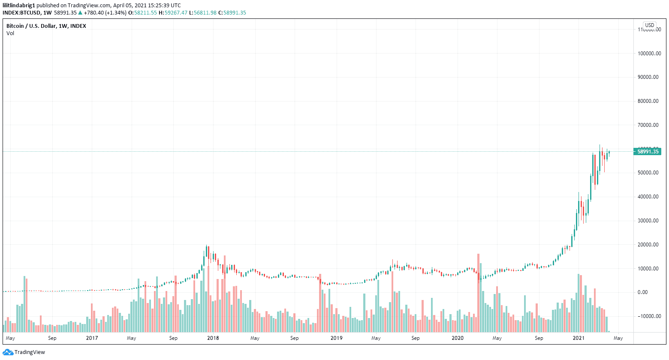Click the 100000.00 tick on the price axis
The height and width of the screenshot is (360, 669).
coord(649,54)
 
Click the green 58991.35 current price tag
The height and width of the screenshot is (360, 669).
coord(648,151)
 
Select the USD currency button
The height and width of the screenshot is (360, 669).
coord(650,25)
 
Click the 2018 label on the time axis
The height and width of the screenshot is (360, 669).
coord(213,338)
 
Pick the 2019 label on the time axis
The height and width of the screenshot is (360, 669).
coord(336,338)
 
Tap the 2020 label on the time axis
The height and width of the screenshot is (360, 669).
coord(458,338)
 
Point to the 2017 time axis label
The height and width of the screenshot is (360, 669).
coord(92,338)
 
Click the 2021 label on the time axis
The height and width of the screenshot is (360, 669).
coord(579,338)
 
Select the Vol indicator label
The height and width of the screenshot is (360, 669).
coord(10,33)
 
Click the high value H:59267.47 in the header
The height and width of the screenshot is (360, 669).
coord(173,13)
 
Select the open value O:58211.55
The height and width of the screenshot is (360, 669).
coord(144,13)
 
